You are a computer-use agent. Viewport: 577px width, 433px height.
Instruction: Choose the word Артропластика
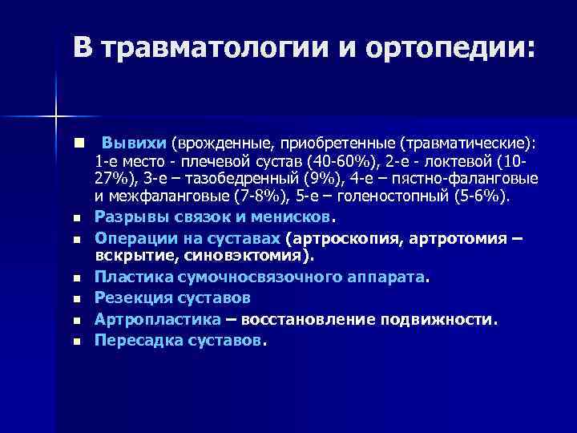pyautogui.click(x=158, y=318)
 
